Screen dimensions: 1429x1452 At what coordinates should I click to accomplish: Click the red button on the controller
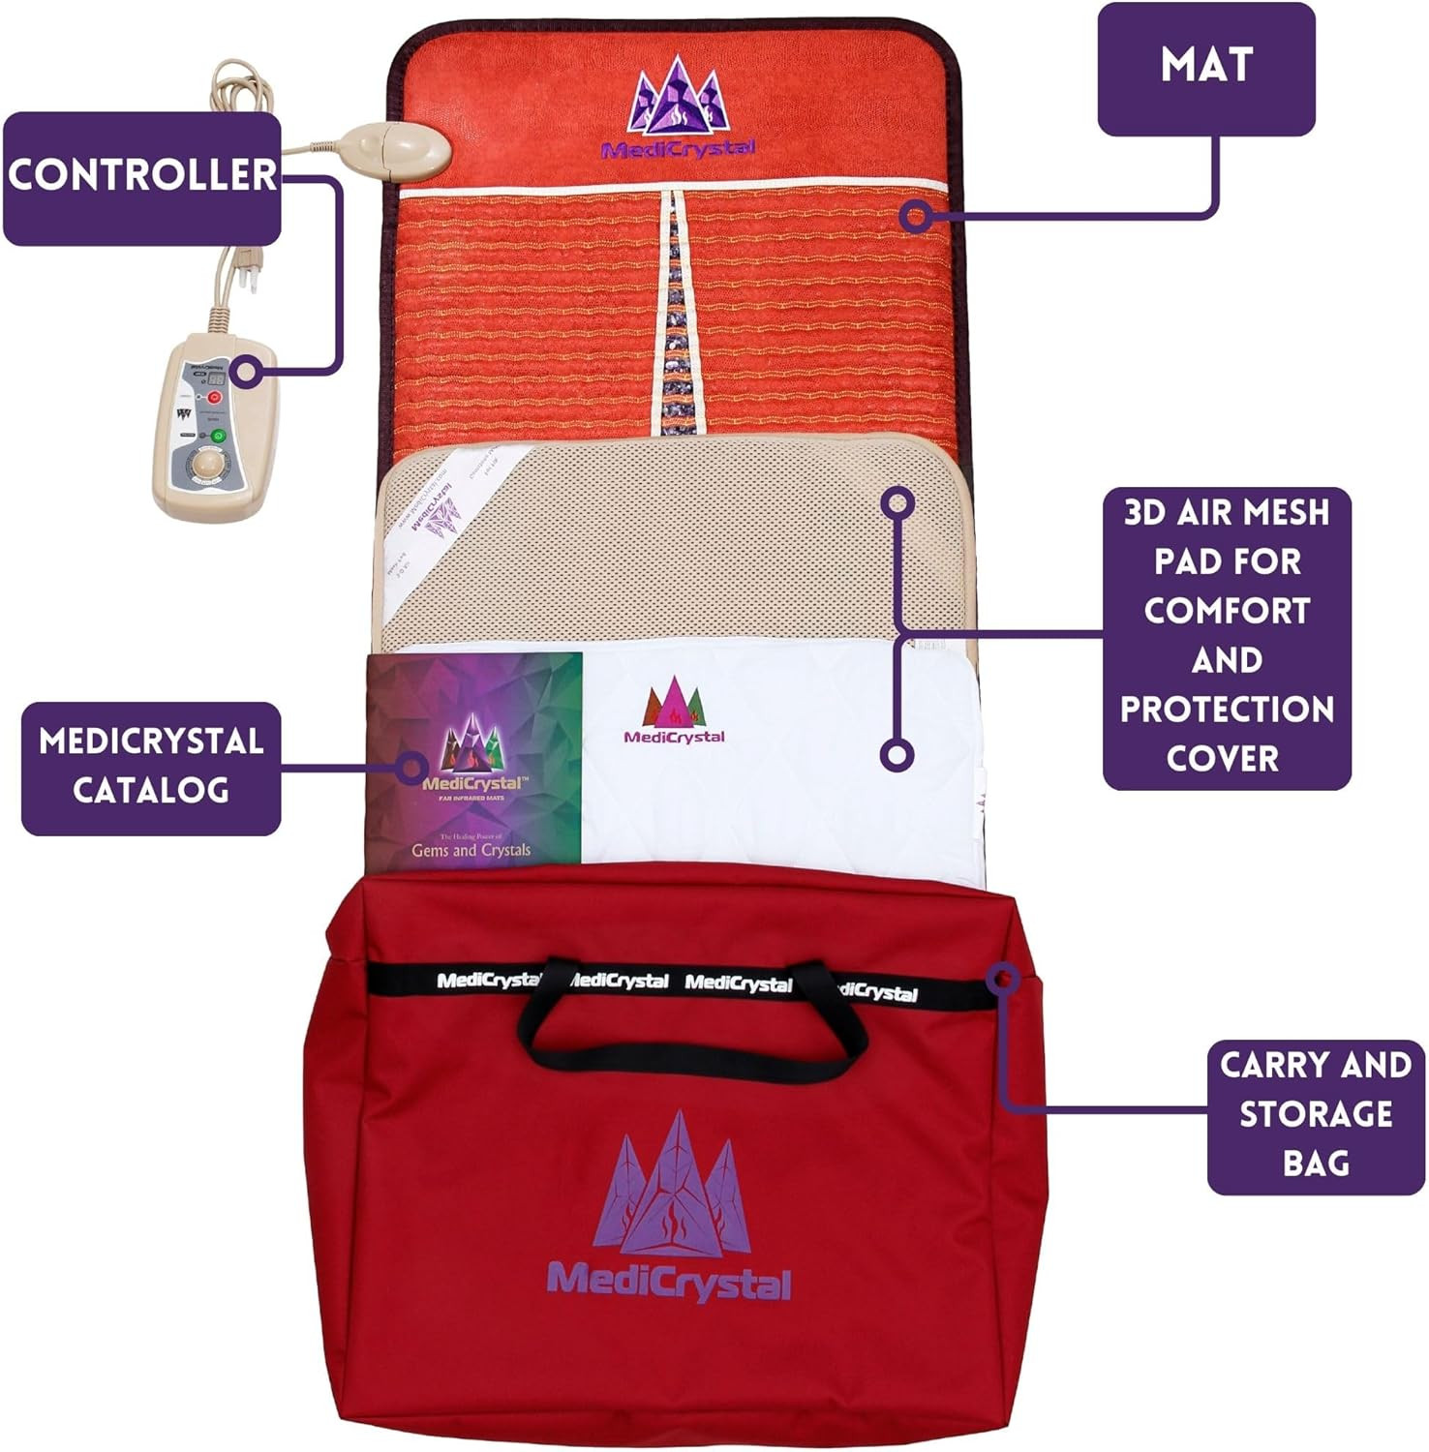(x=215, y=398)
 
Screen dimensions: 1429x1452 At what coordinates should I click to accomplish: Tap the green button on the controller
(x=218, y=437)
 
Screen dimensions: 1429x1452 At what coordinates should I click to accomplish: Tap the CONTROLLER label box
(x=142, y=176)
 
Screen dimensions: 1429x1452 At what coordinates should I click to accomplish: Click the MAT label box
(x=1205, y=67)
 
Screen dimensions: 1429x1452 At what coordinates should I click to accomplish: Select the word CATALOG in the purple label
(x=151, y=790)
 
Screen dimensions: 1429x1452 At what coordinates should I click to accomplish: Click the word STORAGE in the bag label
(x=1315, y=1114)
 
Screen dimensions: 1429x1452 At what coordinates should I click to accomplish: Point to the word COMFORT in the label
(x=1226, y=611)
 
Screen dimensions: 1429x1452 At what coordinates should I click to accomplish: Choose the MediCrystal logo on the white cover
(x=674, y=711)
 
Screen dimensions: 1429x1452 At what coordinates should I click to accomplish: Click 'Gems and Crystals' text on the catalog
(x=471, y=850)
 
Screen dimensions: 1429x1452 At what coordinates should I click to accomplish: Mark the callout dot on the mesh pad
(x=898, y=501)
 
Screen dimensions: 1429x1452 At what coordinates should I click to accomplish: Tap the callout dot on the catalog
(x=412, y=768)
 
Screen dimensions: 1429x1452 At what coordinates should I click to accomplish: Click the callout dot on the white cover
(x=897, y=755)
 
